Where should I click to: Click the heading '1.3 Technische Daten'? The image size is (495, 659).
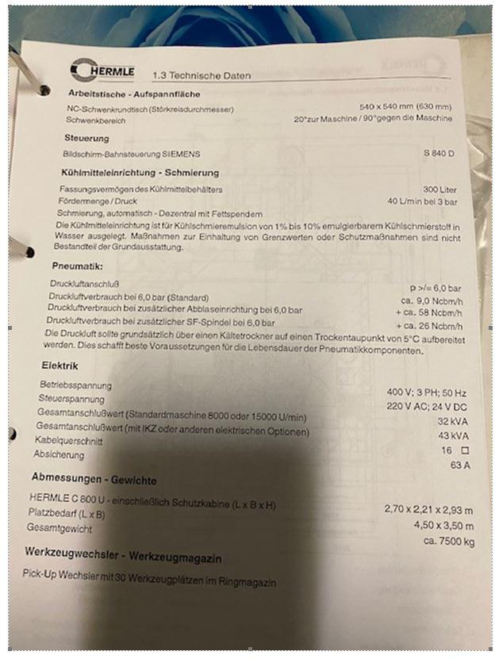202,75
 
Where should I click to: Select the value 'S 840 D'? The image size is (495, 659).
439,154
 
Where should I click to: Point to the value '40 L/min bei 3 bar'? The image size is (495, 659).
420,201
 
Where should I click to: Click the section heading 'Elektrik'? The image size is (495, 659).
59,366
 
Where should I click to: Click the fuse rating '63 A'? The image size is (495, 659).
460,465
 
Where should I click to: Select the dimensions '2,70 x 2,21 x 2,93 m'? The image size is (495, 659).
428,508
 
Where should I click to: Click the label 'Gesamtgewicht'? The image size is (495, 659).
59,527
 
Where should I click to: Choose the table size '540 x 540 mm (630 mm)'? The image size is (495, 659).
405,106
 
